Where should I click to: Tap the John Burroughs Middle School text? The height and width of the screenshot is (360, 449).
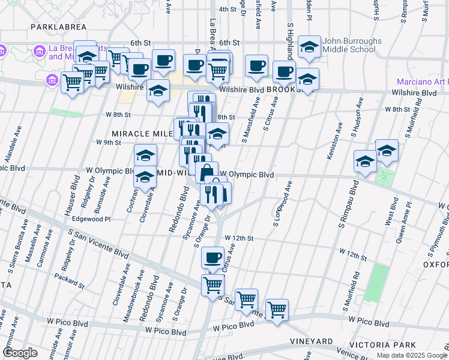(x=352, y=46)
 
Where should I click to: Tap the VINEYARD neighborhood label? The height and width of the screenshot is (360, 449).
(x=310, y=341)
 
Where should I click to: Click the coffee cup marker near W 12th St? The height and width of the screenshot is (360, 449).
(x=212, y=258)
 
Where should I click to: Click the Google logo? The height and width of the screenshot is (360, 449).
(x=20, y=353)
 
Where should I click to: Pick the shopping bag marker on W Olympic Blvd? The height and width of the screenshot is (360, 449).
(x=206, y=172)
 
